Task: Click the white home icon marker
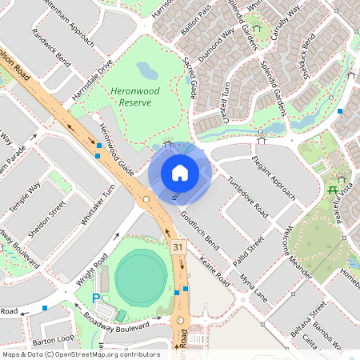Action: coord(180,172)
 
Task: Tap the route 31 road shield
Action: coord(178,249)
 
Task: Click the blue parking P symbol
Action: coord(97,298)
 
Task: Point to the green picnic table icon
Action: coord(331,190)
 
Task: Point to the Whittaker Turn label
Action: coord(98,204)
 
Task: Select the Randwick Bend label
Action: coord(51,48)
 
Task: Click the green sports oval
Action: coord(141,278)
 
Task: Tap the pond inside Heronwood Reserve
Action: coord(148,74)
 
